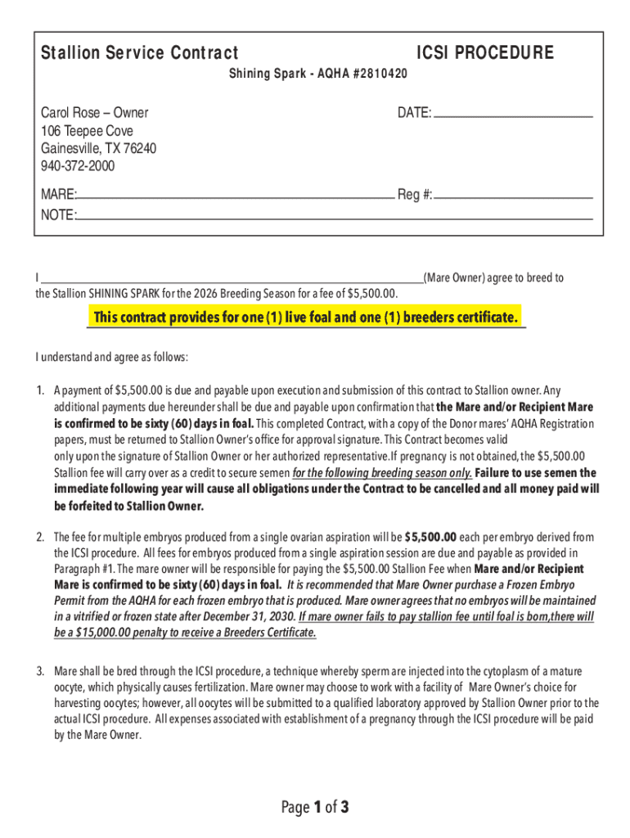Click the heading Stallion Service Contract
140,54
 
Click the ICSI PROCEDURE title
484,54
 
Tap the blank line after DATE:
512,115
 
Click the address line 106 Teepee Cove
87,131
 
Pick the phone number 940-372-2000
78,166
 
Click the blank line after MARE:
236,196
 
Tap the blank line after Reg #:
514,196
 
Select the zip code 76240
139,149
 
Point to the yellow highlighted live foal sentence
306,318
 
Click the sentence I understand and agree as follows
111,358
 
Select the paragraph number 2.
39,538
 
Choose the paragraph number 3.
39,671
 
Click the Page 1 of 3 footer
315,809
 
